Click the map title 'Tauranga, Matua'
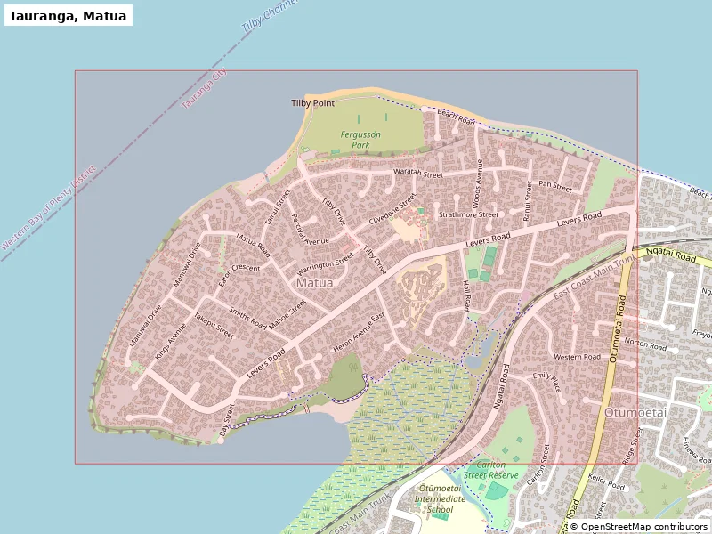(x=69, y=16)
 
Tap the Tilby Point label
(x=312, y=103)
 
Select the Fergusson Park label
(x=360, y=139)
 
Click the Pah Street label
(x=555, y=187)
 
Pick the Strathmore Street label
(x=468, y=214)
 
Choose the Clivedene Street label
(x=392, y=208)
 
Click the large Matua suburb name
(x=314, y=283)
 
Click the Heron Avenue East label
(x=358, y=330)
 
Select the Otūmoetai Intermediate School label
(x=441, y=498)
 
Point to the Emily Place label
(x=546, y=384)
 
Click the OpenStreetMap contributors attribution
(x=638, y=527)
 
